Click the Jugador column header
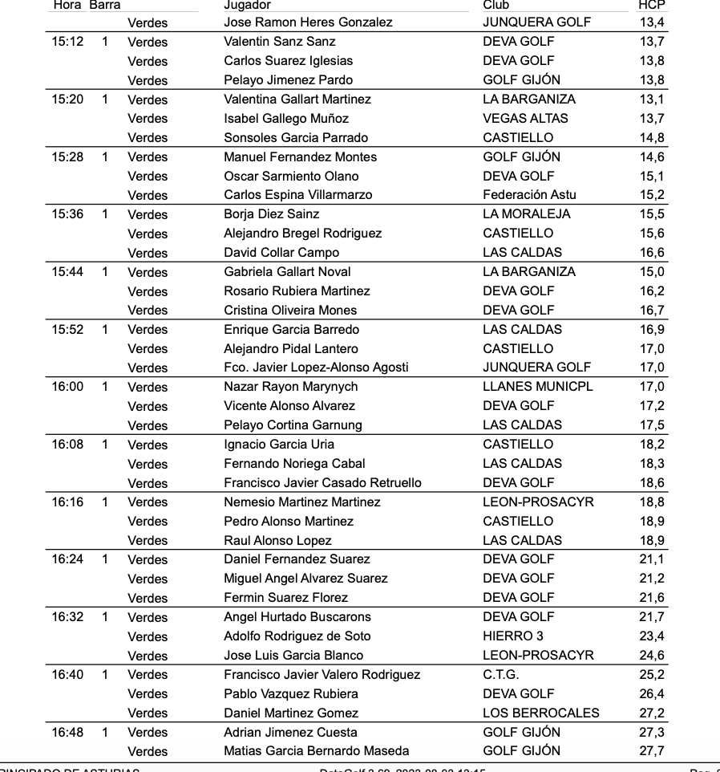point(247,5)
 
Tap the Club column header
point(496,5)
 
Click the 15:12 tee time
point(67,42)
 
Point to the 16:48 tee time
point(67,733)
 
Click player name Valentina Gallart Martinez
point(297,100)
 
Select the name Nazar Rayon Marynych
point(291,387)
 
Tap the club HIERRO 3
point(513,636)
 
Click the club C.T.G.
point(501,675)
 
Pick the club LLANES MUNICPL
point(538,387)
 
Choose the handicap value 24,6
point(652,656)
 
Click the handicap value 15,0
point(652,272)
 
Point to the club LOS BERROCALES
point(541,713)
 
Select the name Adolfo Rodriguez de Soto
point(297,636)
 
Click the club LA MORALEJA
point(527,214)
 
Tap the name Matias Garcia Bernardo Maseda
point(317,752)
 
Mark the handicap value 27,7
point(652,752)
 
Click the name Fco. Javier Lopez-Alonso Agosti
point(316,368)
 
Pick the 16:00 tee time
point(67,387)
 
